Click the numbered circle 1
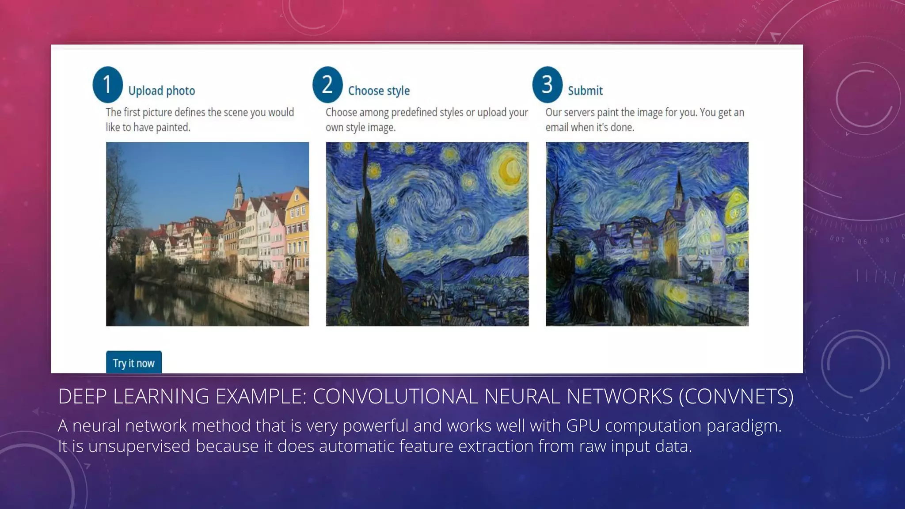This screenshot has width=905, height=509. tap(107, 84)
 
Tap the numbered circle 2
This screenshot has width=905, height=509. tap(327, 84)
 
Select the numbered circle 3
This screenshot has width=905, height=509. tap(547, 84)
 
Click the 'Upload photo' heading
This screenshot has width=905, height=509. tap(161, 91)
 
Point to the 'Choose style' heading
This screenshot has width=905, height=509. tap(379, 91)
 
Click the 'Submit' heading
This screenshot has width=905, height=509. tap(585, 91)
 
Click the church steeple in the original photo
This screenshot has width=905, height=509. tap(239, 190)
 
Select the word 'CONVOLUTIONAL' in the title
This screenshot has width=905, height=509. tap(395, 396)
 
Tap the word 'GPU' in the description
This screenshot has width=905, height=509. tap(582, 426)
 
